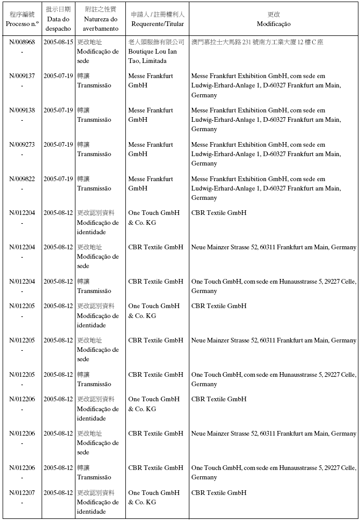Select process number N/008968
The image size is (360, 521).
point(22,42)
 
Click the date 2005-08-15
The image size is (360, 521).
point(58,42)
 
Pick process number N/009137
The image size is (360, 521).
point(22,76)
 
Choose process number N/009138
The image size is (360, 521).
point(22,110)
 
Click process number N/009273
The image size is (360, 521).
point(22,145)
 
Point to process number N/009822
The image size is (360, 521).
point(22,179)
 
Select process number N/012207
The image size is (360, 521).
point(22,493)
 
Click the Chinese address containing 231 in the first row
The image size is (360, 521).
point(257,42)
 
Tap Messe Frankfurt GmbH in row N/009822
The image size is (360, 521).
point(150,184)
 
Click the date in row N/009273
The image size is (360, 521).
point(58,145)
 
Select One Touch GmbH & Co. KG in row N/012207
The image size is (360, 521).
point(153,498)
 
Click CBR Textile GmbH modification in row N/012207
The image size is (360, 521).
point(218,493)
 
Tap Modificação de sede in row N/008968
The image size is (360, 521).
point(98,52)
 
